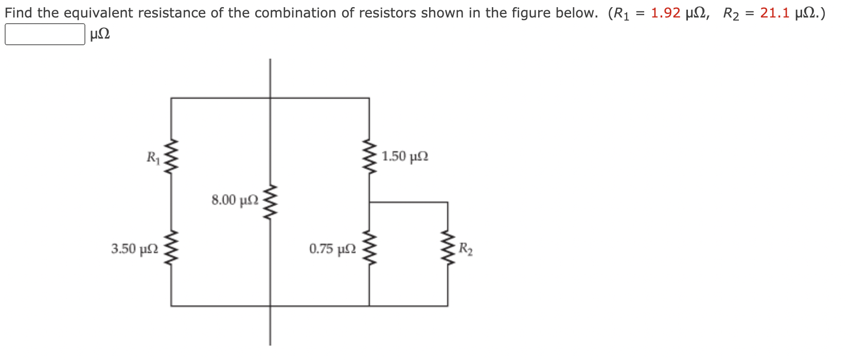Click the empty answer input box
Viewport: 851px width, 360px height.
pyautogui.click(x=45, y=34)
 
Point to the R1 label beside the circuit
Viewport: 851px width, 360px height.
pyautogui.click(x=153, y=157)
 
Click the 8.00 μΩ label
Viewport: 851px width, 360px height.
pyautogui.click(x=235, y=200)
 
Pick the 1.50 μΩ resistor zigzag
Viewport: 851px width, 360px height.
pyautogui.click(x=369, y=156)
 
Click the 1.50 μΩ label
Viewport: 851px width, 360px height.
pyautogui.click(x=405, y=156)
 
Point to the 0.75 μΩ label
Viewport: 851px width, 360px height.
pyautogui.click(x=332, y=249)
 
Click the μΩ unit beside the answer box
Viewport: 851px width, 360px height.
pyautogui.click(x=100, y=35)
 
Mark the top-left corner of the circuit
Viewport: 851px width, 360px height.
pyautogui.click(x=171, y=98)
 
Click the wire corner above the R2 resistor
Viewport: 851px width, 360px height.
pyautogui.click(x=448, y=202)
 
